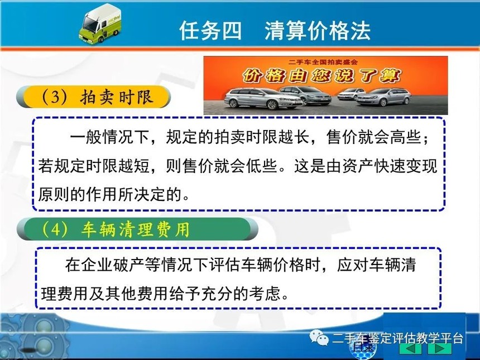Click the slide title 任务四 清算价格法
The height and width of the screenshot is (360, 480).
coord(275,31)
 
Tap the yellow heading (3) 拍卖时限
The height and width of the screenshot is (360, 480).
coord(93,97)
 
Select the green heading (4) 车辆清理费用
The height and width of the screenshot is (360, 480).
coord(137,229)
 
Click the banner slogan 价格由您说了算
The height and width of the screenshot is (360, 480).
coord(322,75)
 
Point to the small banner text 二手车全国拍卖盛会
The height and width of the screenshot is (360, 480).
coord(323,62)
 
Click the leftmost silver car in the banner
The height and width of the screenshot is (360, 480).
coord(263,98)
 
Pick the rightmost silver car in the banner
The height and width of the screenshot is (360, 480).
coord(384,97)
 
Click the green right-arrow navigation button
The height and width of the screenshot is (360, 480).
coord(440,348)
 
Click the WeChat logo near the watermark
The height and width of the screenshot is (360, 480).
coord(319,337)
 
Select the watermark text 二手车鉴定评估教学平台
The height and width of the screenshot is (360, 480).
coord(397,339)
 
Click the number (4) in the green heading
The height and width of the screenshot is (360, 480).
coord(55,229)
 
